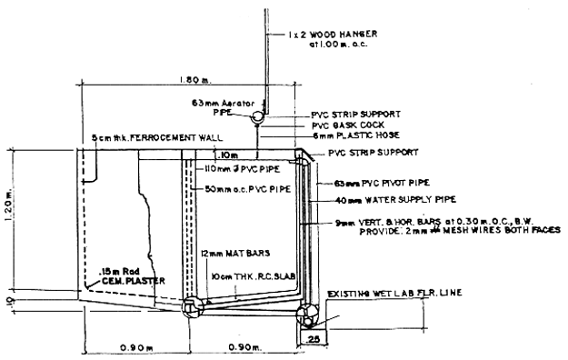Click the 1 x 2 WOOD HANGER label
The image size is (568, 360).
tap(326, 38)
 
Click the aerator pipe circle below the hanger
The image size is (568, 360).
tap(257, 116)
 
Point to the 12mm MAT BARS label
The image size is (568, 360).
tap(228, 251)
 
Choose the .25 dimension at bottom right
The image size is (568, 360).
tap(314, 339)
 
